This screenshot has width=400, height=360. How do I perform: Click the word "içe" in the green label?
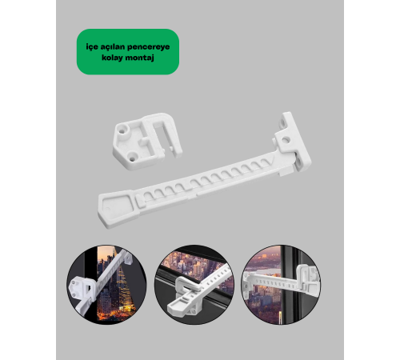coord(92,47)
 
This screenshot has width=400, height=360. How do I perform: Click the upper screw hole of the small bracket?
coord(122,131)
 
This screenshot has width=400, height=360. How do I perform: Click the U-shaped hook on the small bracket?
coord(162,130)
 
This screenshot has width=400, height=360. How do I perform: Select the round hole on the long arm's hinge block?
coord(286,139)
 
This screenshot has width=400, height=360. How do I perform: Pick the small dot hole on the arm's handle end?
coord(107,210)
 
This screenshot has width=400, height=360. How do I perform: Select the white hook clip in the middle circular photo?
coord(186,286)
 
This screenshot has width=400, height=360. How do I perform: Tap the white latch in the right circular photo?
coord(309,278)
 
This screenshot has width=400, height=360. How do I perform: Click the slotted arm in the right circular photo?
coord(272,281)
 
